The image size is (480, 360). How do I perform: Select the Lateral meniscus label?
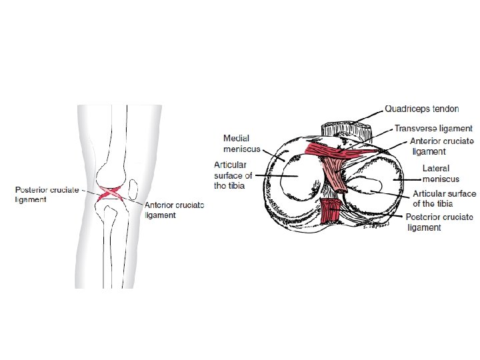[435, 173]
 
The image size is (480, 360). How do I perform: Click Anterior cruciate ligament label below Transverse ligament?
[441, 146]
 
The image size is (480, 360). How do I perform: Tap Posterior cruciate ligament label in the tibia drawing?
[439, 222]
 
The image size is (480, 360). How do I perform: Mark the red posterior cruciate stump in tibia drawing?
[329, 212]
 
